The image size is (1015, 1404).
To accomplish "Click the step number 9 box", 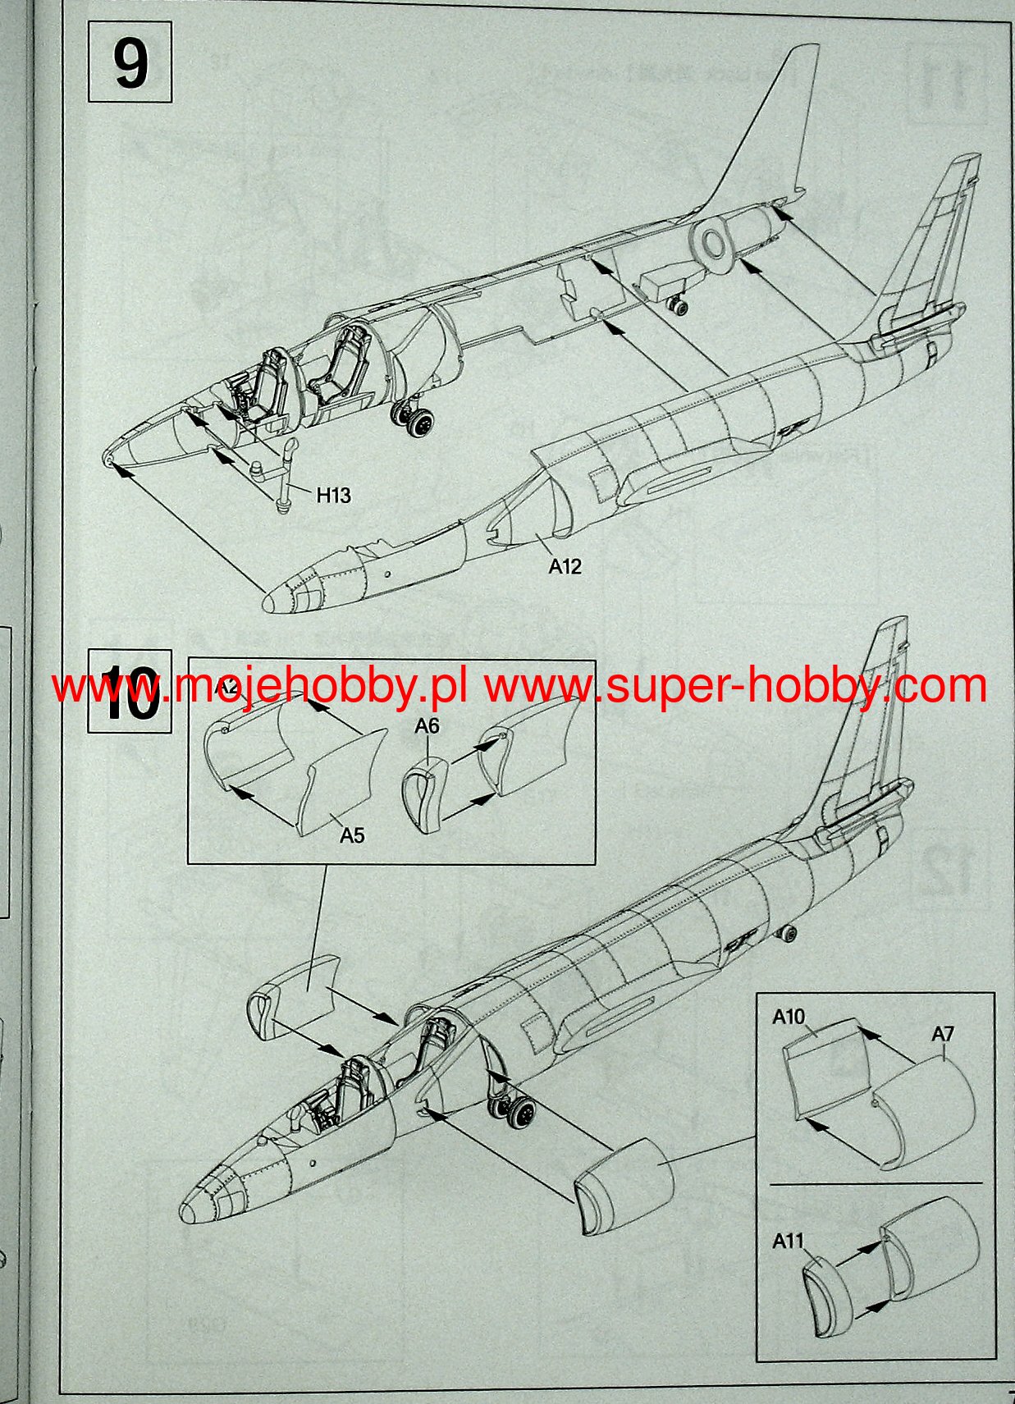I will click(x=130, y=62).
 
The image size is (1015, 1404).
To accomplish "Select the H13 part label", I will click(x=333, y=495).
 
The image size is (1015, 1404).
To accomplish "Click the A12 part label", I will click(x=565, y=566).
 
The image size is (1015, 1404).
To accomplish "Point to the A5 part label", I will click(x=352, y=835).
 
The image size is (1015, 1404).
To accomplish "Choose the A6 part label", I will click(x=427, y=725).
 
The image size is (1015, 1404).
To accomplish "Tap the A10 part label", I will click(x=789, y=1017).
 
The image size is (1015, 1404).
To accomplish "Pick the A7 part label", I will click(x=943, y=1034).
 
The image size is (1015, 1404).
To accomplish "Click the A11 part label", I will click(x=788, y=1241).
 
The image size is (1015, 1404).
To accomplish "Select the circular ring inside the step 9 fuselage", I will click(x=714, y=244).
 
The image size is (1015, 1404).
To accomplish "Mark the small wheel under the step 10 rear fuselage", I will click(x=789, y=934).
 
